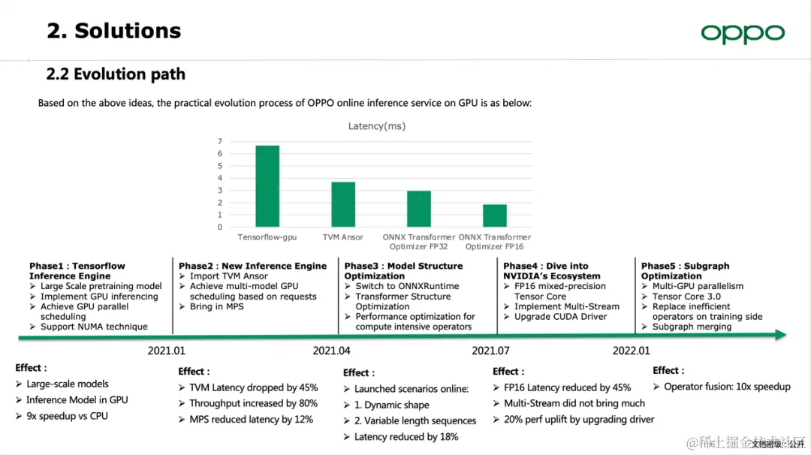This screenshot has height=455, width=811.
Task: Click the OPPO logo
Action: pos(742,33)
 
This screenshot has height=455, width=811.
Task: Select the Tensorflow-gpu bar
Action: pos(267,186)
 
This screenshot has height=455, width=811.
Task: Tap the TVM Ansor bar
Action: pos(343,204)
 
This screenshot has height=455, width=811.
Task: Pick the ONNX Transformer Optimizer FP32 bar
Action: pos(419,209)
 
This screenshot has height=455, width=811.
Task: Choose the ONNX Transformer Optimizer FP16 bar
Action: pos(495,215)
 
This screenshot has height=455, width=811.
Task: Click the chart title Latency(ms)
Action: pos(376,126)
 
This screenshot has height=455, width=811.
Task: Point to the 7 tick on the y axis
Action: pos(220,142)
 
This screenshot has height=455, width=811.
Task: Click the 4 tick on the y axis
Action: pos(220,179)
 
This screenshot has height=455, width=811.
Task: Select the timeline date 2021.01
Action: pos(166,351)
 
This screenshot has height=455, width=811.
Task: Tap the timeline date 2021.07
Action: pos(490,351)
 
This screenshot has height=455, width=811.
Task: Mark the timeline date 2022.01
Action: pos(631,351)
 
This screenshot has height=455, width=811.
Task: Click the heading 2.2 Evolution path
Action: pos(116,74)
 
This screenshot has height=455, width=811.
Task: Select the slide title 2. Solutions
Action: pos(114,31)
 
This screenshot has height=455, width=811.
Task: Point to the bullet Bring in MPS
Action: pos(217,307)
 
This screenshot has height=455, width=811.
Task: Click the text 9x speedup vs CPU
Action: pos(67,416)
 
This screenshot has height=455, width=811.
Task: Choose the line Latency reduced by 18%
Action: pos(405,437)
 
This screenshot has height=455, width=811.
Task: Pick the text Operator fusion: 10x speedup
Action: pos(726,387)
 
